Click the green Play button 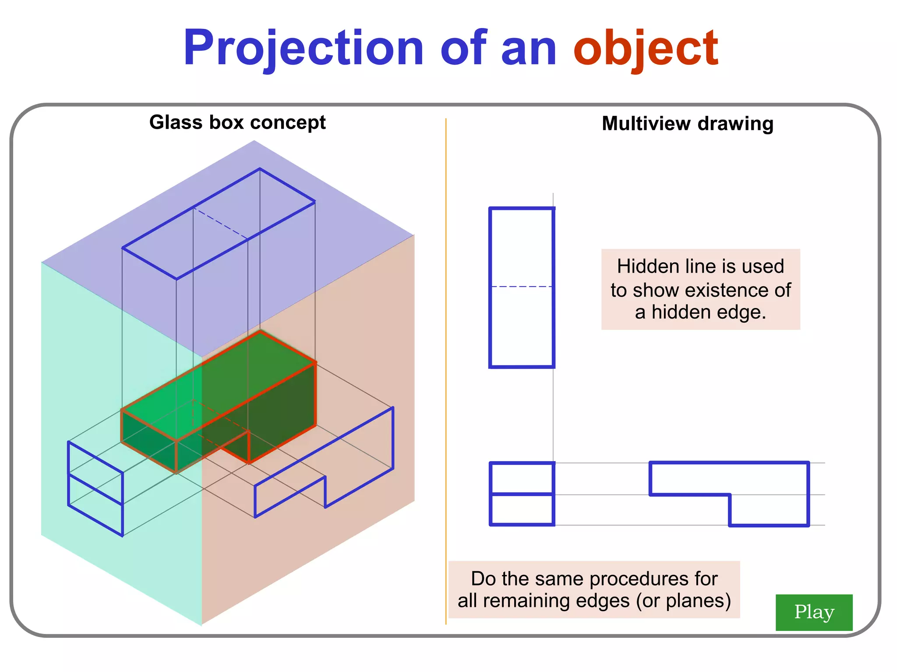pos(814,612)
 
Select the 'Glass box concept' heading pos(237,122)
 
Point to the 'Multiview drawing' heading pos(687,124)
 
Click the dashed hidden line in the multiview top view pos(522,287)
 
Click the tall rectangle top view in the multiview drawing pos(522,245)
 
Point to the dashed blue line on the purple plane pos(220,224)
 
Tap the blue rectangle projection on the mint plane pos(95,489)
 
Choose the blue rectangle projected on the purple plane pos(218,224)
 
